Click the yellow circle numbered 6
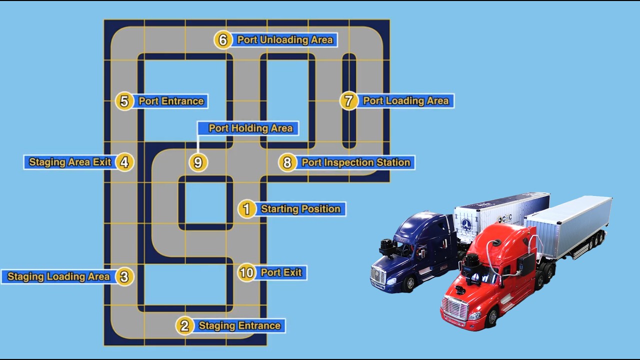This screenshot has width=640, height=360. [x=223, y=40]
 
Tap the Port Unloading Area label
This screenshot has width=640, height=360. [x=285, y=40]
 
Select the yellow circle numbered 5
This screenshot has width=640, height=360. [x=124, y=101]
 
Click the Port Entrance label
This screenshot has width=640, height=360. [x=171, y=101]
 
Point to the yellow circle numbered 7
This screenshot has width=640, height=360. [x=348, y=101]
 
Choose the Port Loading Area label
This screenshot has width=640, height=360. [x=405, y=101]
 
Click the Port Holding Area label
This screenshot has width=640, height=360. [x=250, y=128]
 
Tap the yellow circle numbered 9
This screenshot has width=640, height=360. [x=198, y=162]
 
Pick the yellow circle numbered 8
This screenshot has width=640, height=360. [x=287, y=162]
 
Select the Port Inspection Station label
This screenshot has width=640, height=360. [x=355, y=162]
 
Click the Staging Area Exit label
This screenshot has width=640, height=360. [x=70, y=162]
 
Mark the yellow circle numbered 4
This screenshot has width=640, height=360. [x=124, y=162]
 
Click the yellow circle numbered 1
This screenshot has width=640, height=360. [x=246, y=209]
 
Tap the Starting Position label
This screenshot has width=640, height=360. [x=300, y=209]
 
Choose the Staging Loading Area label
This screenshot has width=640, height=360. [x=58, y=276]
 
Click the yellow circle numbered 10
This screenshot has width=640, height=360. [x=246, y=272]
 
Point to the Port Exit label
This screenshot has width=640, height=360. [x=281, y=272]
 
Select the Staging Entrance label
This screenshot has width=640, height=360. [x=239, y=326]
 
